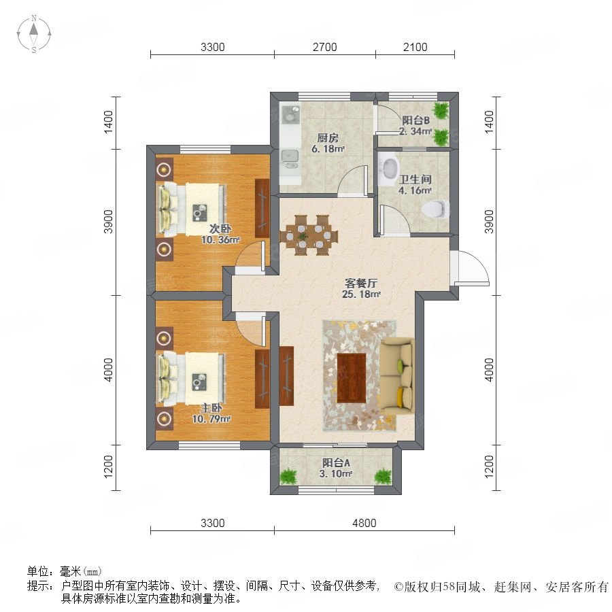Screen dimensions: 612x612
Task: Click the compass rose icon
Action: point(34,34)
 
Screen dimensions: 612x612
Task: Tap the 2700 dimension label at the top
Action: point(325,47)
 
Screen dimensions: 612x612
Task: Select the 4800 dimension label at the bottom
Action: point(364,523)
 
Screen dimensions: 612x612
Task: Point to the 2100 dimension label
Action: point(415,47)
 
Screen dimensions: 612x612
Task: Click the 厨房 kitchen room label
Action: point(328,138)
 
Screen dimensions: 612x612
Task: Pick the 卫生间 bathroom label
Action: point(415,180)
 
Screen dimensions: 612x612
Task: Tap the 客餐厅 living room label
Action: point(361,283)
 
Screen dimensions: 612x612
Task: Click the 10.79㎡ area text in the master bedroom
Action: point(211,419)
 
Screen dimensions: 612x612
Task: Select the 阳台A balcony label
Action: point(336,463)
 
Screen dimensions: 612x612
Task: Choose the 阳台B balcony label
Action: point(415,120)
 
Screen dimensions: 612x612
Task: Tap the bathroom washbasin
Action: point(389,167)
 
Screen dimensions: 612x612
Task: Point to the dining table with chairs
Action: point(309,235)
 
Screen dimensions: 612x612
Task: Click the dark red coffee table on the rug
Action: point(352,377)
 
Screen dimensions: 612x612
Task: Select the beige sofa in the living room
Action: point(397,375)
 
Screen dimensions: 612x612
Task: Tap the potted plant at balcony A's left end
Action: point(288,476)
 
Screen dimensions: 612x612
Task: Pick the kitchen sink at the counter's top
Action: point(290,113)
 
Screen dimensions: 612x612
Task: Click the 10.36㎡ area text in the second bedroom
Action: point(220,240)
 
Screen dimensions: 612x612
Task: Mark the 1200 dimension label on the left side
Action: point(109,466)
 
